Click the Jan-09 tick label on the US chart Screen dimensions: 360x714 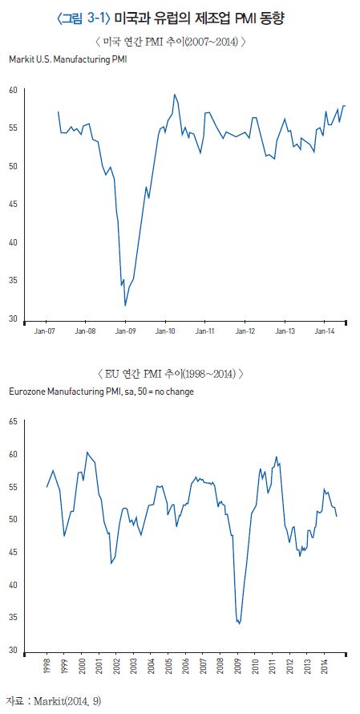125,331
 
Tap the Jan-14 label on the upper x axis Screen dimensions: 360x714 323,331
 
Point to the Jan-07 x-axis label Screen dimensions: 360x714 45,331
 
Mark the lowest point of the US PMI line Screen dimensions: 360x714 125,305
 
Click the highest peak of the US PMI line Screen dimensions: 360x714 174,95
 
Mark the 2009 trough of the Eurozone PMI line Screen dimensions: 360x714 240,623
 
